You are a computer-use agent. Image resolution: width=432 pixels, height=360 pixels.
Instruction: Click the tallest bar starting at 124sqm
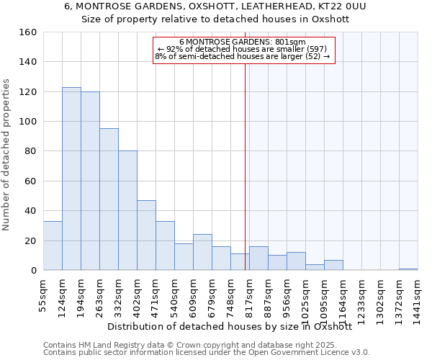coord(71,179)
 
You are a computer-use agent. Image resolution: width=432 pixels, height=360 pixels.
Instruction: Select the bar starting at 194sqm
coord(90,181)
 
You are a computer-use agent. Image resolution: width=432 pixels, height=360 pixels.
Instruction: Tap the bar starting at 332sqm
coord(127,210)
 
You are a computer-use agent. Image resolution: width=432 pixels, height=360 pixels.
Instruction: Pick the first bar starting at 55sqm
coord(53,246)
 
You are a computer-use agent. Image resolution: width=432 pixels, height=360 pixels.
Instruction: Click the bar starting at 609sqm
coord(202,252)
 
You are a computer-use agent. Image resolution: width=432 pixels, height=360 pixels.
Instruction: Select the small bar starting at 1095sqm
coord(333,265)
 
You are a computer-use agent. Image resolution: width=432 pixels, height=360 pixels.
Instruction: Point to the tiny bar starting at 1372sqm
coord(408,269)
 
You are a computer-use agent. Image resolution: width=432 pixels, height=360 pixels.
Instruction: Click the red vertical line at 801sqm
coord(246,180)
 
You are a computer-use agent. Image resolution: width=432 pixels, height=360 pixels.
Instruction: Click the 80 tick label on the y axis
coord(30,151)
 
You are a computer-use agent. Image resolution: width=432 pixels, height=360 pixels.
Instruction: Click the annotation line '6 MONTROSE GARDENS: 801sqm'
coord(242,42)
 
